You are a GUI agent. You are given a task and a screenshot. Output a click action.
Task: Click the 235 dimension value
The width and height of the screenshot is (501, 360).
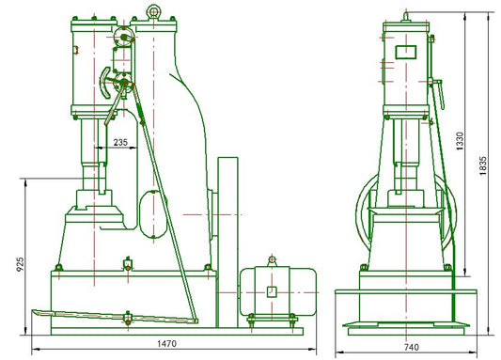pyautogui.click(x=120, y=143)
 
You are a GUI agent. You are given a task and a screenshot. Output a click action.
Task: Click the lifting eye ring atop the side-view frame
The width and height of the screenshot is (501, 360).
pyautogui.click(x=151, y=11)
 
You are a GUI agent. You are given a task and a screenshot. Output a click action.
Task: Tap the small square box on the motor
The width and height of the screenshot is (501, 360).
pyautogui.click(x=271, y=291)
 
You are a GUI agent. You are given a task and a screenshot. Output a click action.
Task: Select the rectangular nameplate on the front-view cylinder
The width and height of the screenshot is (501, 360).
pyautogui.click(x=405, y=53)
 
